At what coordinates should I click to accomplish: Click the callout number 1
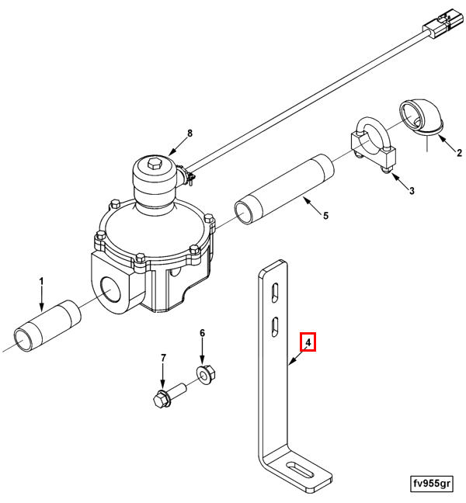41,282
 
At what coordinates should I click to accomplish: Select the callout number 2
459,153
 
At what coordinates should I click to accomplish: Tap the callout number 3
412,191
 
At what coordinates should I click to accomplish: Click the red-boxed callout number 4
308,342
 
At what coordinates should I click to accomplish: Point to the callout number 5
325,216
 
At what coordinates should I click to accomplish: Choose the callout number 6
202,333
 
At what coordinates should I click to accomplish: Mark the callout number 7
163,358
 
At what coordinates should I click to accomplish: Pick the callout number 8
190,133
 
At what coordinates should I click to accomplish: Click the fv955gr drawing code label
432,484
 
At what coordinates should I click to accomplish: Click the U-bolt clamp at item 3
373,144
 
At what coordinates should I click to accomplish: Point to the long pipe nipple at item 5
284,189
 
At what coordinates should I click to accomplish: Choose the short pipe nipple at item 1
47,326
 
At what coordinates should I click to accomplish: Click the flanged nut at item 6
205,375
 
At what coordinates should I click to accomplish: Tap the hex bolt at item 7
169,396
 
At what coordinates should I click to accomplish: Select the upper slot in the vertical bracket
275,293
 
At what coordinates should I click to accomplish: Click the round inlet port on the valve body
112,290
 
